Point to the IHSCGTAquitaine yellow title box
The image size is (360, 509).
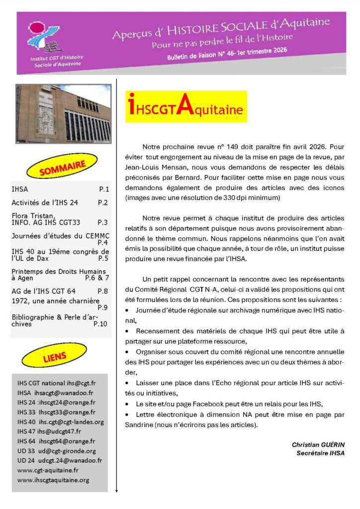pyautogui.click(x=185, y=106)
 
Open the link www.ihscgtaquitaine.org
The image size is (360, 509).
pyautogui.click(x=53, y=480)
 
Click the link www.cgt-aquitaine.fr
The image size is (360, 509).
pyautogui.click(x=48, y=470)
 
